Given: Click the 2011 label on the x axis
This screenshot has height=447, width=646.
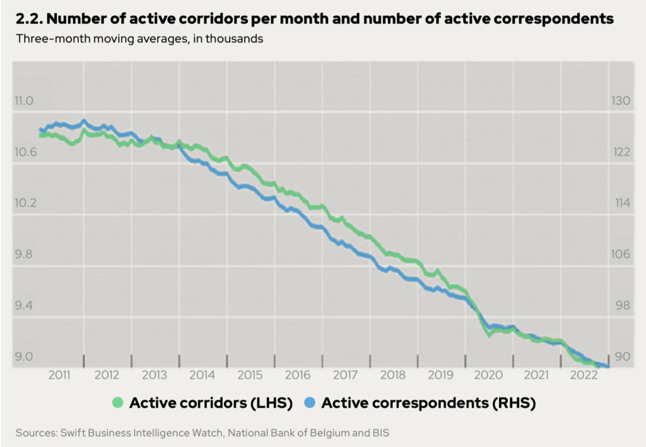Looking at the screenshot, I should coord(59,374).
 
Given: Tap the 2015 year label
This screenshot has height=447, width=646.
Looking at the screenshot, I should coord(250,374).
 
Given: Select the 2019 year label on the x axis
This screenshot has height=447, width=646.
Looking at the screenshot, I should coord(441,374).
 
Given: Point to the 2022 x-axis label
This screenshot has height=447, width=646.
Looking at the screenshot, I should coord(584,374).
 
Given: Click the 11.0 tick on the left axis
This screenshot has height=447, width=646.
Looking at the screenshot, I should coord(25,101).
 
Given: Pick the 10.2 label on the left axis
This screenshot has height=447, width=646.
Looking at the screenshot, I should coord(25,203).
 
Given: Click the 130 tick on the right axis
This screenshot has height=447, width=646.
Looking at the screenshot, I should coord(621,101).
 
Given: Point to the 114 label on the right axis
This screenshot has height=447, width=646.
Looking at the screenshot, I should coord(621,203).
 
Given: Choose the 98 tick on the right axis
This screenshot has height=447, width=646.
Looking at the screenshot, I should coord(621,306).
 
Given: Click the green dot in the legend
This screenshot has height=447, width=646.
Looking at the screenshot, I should coord(117,403).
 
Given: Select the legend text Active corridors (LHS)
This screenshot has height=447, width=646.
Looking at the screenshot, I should coord(211,403).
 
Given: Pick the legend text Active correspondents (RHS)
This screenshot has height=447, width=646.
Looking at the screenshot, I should coord(428,403).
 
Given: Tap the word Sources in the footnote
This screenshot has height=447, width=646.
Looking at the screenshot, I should coord(35,433).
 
